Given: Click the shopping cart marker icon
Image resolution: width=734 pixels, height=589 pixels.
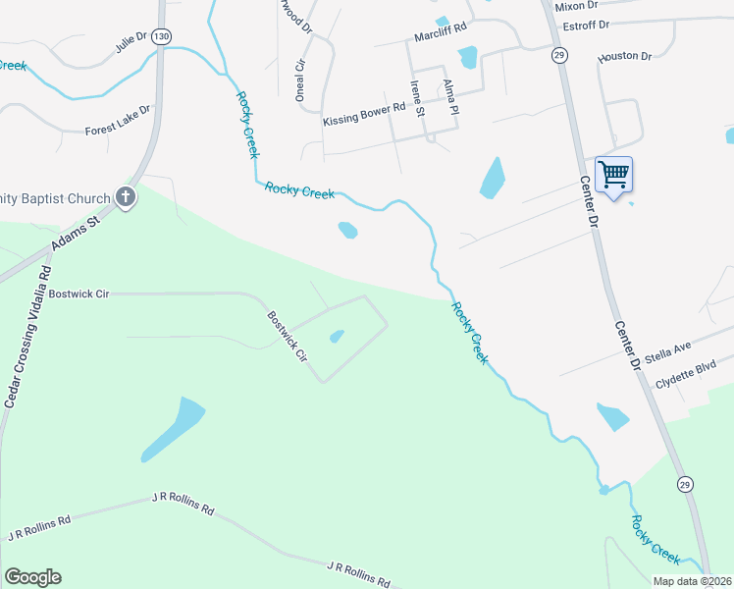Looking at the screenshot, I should (x=613, y=176).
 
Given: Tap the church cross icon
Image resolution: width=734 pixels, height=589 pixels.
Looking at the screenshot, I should (x=126, y=197).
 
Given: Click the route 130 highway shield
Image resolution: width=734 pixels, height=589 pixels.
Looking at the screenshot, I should (x=162, y=36).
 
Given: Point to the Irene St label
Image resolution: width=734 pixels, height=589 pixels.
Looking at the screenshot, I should (x=417, y=98).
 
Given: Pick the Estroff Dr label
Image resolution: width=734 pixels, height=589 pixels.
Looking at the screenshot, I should (x=582, y=25).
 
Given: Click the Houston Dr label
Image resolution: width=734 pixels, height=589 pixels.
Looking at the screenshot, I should (x=625, y=57).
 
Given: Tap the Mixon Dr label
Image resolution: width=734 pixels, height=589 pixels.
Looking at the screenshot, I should (x=576, y=6).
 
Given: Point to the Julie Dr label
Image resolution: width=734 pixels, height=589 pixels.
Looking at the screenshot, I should (x=131, y=41).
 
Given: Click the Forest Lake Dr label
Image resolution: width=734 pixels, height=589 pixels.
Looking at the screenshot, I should (x=118, y=121).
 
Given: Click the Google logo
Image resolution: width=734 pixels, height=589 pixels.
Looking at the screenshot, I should (x=32, y=577).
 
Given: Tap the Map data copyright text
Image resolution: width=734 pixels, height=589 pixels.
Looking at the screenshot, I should (x=693, y=581).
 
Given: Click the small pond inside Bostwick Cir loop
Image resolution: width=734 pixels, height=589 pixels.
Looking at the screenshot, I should (x=337, y=337).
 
